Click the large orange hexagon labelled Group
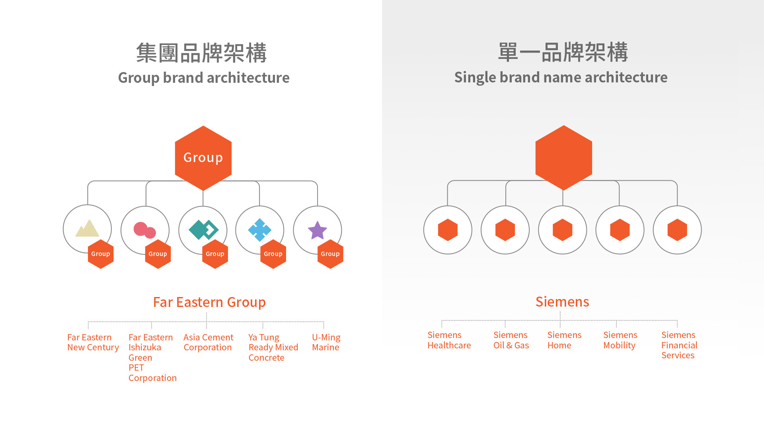point(203,158)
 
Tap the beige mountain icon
point(88,228)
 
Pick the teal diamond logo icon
point(204,230)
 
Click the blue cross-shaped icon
point(260,230)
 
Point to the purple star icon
point(318,230)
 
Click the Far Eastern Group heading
point(209,302)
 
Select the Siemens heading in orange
point(562,302)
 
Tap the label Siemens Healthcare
point(449,340)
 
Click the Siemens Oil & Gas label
point(511,340)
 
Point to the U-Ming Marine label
point(326,342)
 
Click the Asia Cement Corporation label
point(209,342)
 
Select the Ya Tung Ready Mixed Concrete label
point(273,348)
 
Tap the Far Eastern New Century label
point(93,342)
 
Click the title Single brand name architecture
point(561,77)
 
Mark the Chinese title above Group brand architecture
point(202,53)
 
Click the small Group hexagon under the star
point(330,254)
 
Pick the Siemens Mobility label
point(620,340)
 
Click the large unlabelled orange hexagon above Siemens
point(564,158)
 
